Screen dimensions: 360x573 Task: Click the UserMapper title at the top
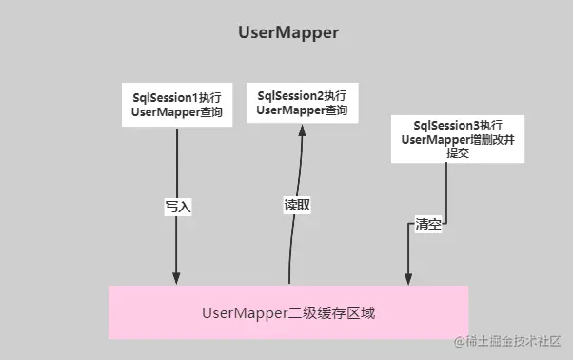[288, 32]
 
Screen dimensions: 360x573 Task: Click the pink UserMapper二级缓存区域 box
[288, 311]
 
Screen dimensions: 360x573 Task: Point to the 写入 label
[178, 205]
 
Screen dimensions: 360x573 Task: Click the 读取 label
[298, 205]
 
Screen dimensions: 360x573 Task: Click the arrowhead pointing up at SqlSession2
[303, 131]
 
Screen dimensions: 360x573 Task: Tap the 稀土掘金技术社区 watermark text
[515, 341]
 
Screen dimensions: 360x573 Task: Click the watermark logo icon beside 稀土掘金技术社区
[459, 341]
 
